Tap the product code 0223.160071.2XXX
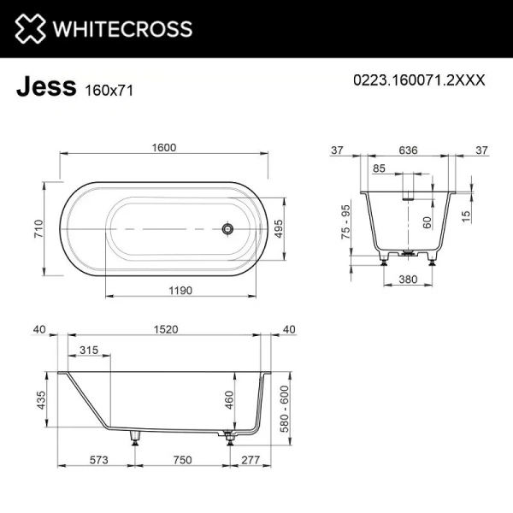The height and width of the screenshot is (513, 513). [419, 80]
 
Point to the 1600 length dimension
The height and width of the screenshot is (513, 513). [165, 147]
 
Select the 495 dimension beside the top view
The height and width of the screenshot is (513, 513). [277, 229]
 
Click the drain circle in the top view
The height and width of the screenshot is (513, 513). [228, 228]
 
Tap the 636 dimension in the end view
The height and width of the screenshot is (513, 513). [409, 150]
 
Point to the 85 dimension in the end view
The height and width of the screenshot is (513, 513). [380, 168]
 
